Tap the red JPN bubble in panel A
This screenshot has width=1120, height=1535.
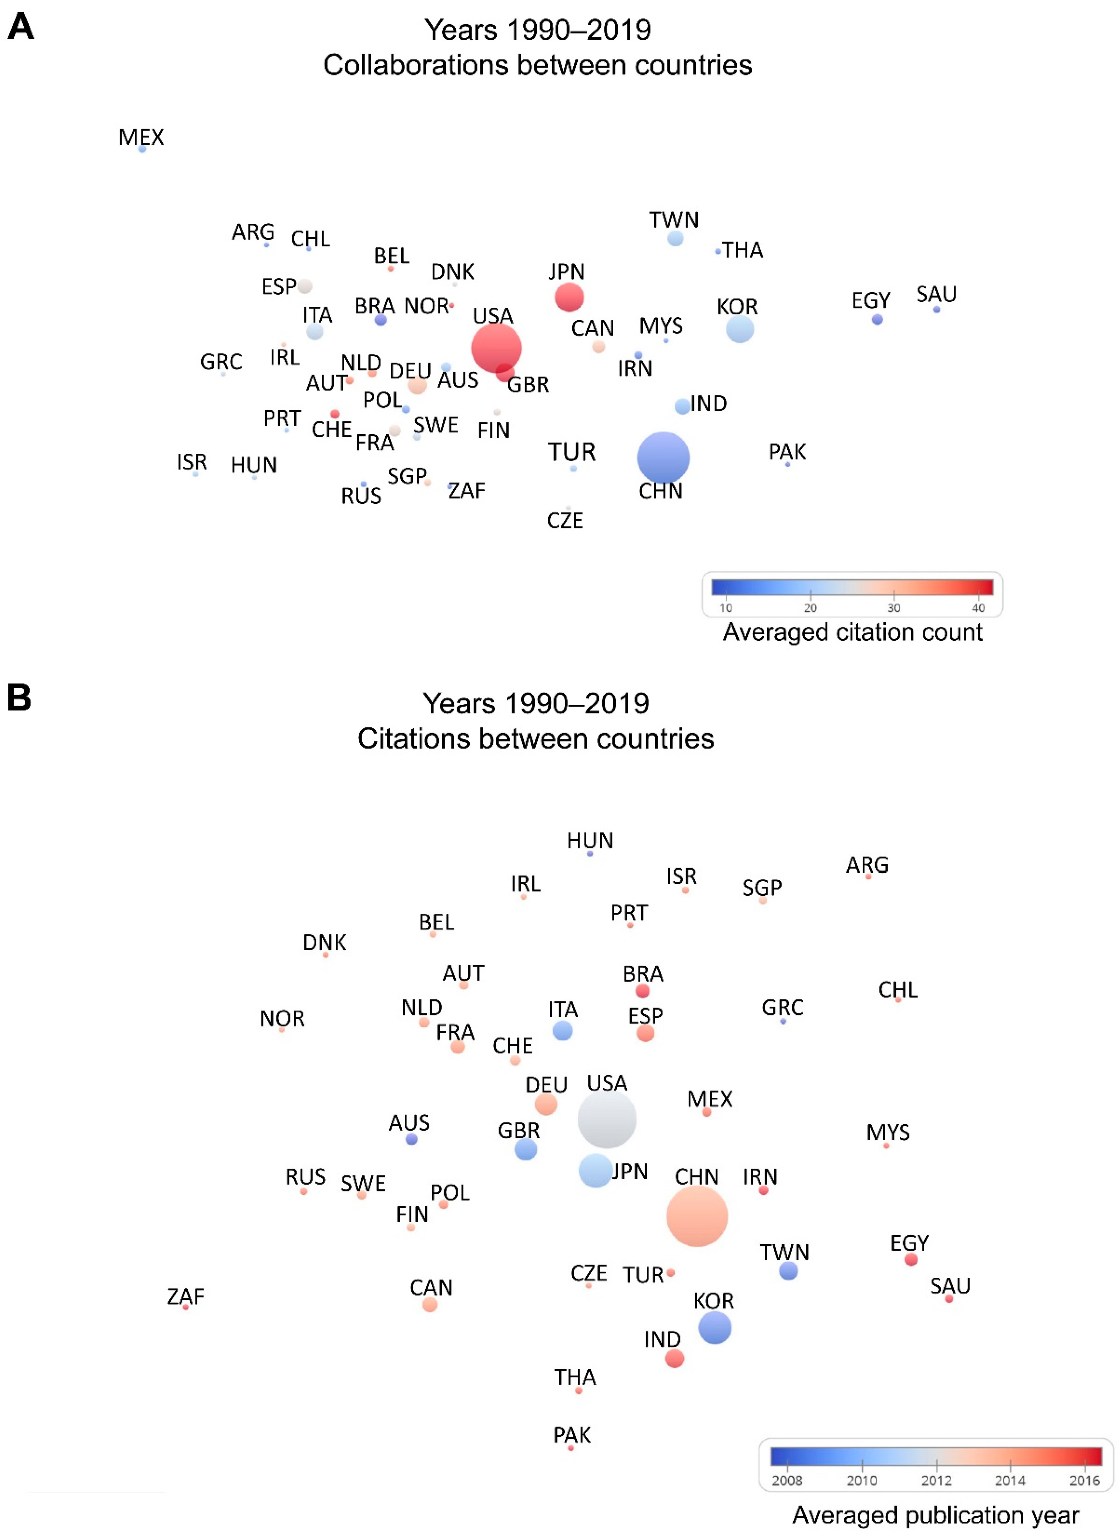(x=569, y=297)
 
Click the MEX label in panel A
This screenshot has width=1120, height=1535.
(x=141, y=137)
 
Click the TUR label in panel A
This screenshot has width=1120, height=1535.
(x=572, y=452)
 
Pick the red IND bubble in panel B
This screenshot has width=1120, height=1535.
(x=674, y=1358)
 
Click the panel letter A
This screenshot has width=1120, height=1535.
(x=20, y=27)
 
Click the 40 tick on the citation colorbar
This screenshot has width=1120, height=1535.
(x=978, y=607)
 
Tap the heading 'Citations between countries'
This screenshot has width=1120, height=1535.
(x=535, y=739)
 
